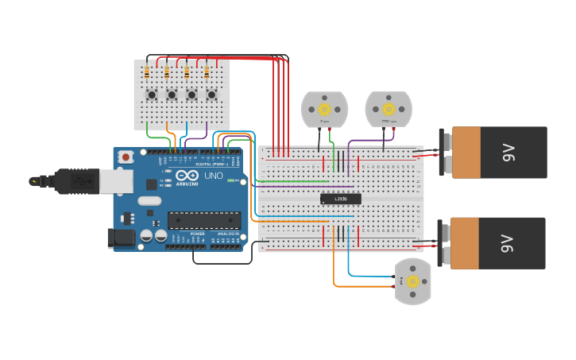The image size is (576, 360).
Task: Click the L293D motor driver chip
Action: pyautogui.click(x=340, y=199)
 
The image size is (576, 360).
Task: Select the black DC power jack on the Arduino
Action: pyautogui.click(x=117, y=237)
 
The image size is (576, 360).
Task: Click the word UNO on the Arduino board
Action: pyautogui.click(x=214, y=176)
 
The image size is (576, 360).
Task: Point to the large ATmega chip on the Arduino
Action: pyautogui.click(x=203, y=220)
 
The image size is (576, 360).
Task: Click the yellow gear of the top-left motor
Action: pyautogui.click(x=324, y=109)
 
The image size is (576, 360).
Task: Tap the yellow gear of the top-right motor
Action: pyautogui.click(x=388, y=108)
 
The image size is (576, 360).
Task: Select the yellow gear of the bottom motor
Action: pyautogui.click(x=412, y=281)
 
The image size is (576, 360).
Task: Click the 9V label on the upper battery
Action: pyautogui.click(x=508, y=152)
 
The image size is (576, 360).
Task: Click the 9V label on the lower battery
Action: pyautogui.click(x=508, y=243)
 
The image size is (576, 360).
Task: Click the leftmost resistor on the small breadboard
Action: pyautogui.click(x=147, y=73)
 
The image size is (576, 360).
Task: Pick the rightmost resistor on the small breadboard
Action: pyautogui.click(x=207, y=73)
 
